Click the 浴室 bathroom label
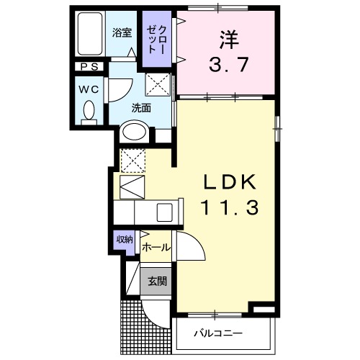click(x=122, y=32)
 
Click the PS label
click(x=90, y=68)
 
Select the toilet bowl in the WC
click(x=90, y=112)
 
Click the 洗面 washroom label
click(x=140, y=108)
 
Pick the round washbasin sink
click(x=134, y=132)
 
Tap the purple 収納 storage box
click(x=125, y=240)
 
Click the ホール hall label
click(x=156, y=247)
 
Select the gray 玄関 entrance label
click(x=158, y=280)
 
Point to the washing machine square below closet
click(x=156, y=84)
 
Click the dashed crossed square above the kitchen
click(x=132, y=158)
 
